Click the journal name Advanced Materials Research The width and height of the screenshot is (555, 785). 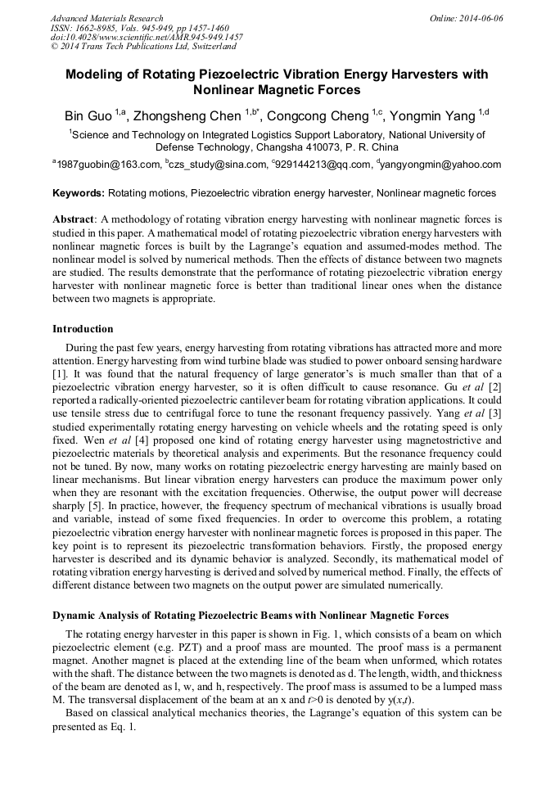pyautogui.click(x=106, y=18)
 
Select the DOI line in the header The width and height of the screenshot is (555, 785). pyautogui.click(x=147, y=38)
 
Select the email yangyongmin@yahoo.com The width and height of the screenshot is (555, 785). pyautogui.click(x=441, y=165)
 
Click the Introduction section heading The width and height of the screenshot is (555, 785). pyautogui.click(x=83, y=329)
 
